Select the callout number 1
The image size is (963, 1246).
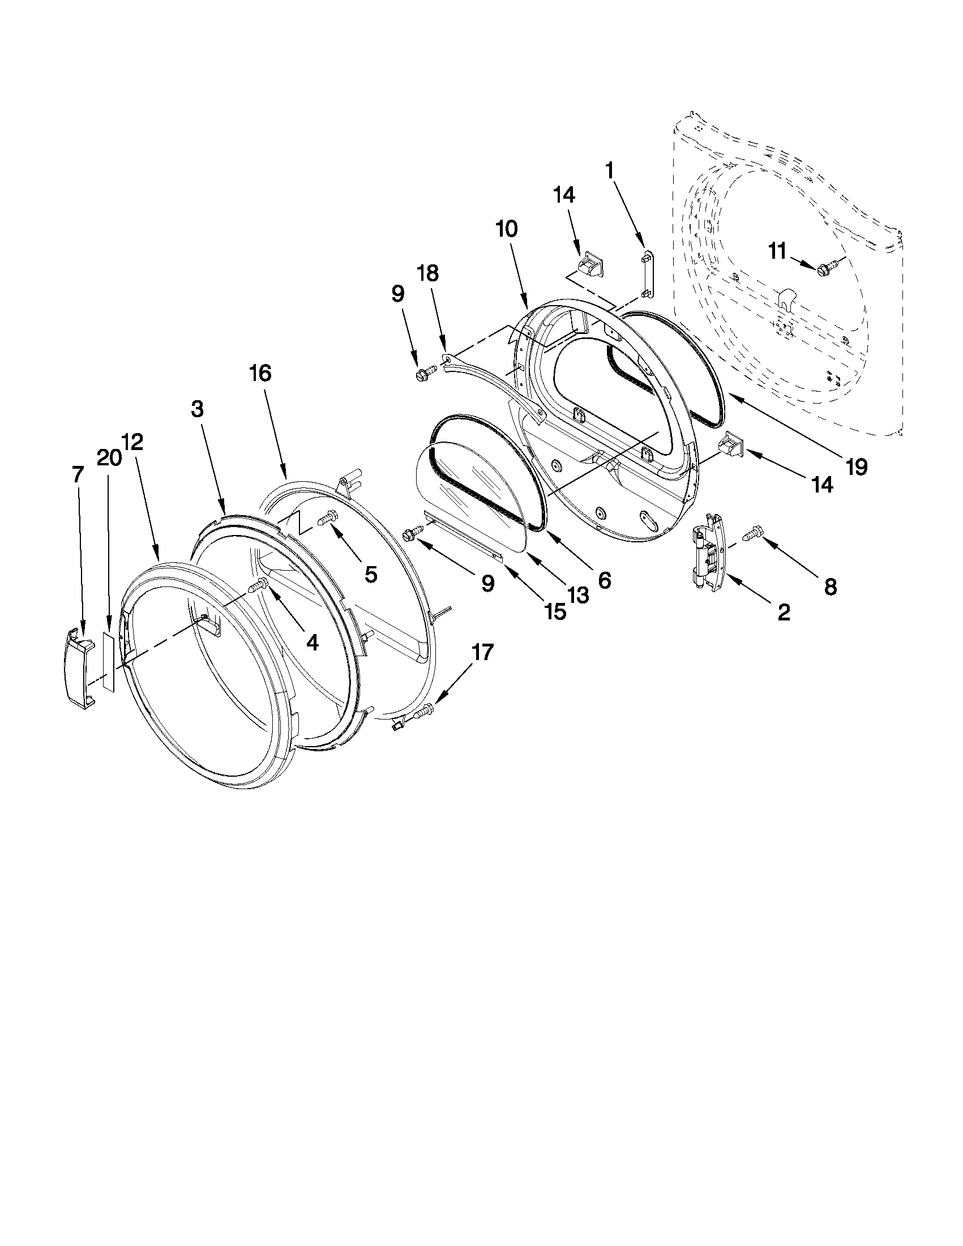610,170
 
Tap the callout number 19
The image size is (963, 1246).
857,467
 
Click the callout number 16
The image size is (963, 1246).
260,373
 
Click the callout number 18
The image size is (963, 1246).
428,274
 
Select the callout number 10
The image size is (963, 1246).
507,229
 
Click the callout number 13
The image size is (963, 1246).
577,596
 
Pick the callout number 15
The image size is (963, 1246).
555,611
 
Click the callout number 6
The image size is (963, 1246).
604,580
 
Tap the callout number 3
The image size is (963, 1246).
197,409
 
